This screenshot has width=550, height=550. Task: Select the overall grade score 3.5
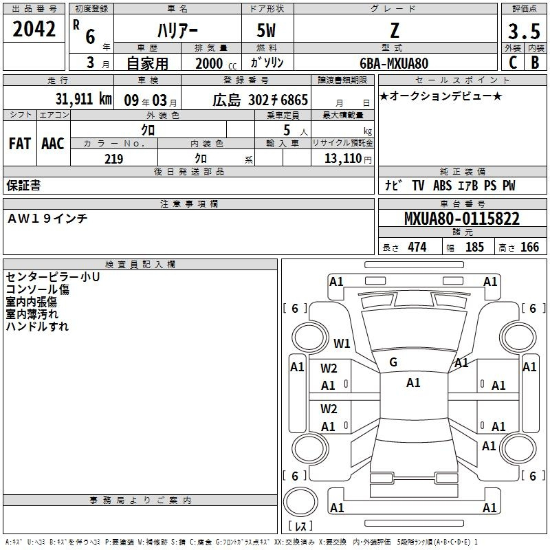click(x=523, y=32)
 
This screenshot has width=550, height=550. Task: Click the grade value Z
click(x=394, y=31)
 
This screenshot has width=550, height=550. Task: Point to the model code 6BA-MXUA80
click(x=394, y=63)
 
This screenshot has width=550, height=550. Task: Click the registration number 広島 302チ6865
click(x=260, y=99)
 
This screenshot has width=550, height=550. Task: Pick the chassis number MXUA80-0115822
click(x=461, y=219)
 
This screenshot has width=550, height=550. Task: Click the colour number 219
click(x=113, y=159)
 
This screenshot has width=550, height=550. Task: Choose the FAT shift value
click(x=20, y=144)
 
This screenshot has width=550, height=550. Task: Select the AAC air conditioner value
click(x=53, y=144)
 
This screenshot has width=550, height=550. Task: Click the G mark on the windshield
click(x=393, y=362)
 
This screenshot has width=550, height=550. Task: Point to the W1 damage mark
click(x=342, y=344)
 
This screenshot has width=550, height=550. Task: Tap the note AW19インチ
click(x=47, y=218)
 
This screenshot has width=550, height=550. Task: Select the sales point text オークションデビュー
click(x=441, y=96)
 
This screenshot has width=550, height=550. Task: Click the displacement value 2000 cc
click(x=214, y=63)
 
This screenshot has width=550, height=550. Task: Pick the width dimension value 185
click(x=474, y=247)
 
